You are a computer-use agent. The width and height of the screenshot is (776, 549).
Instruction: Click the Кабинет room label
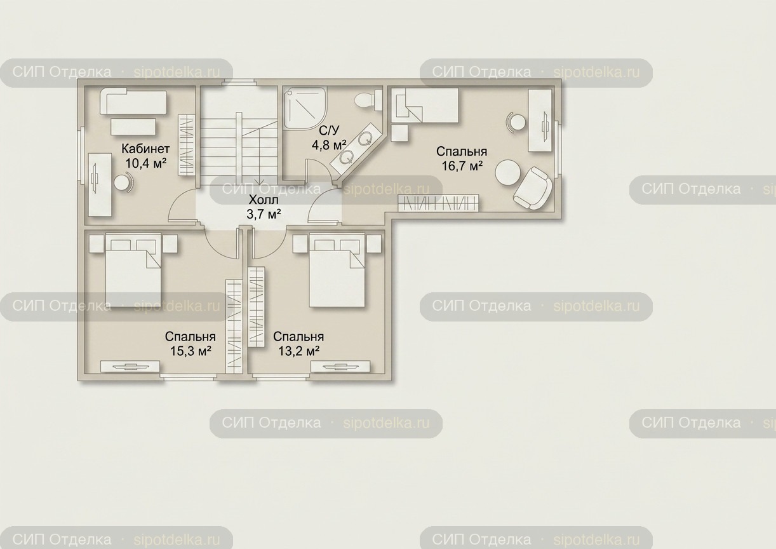145,149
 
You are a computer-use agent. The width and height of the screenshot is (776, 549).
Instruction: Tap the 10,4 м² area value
145,163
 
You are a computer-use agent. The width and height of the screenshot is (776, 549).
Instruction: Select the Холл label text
264,200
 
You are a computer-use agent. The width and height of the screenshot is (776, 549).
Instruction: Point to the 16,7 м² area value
462,166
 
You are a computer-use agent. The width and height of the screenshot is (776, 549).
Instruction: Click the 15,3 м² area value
191,351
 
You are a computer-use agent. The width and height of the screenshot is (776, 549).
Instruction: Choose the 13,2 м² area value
298,351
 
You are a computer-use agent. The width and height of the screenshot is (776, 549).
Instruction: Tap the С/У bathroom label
329,131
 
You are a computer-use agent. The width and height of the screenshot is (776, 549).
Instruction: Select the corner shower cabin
305,108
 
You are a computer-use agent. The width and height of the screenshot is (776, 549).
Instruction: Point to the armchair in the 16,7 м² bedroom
532,188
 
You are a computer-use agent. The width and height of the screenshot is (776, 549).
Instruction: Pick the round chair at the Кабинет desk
123,182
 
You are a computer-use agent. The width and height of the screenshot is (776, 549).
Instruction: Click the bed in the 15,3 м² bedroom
133,270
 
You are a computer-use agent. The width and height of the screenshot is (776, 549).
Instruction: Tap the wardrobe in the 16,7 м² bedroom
439,203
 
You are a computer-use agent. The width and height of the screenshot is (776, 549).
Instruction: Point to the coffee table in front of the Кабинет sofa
133,126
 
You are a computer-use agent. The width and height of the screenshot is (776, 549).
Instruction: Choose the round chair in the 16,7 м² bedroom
516,122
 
